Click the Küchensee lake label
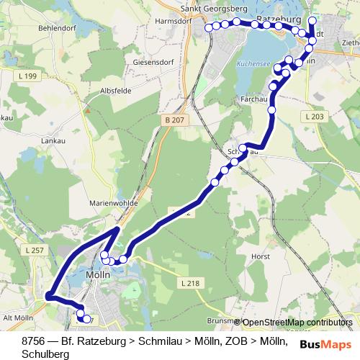tap(253, 63)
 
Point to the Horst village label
tap(261, 256)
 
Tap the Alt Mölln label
tap(19, 317)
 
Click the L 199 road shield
tap(30, 76)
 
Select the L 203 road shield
tap(315, 116)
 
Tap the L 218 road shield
tap(192, 284)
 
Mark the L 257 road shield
tap(32, 250)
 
